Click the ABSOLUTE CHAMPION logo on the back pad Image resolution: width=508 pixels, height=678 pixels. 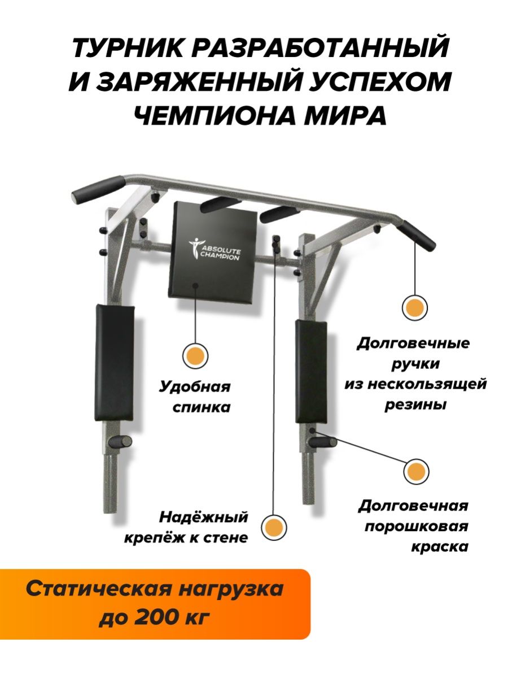click(214, 249)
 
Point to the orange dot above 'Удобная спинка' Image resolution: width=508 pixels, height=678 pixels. click(195, 355)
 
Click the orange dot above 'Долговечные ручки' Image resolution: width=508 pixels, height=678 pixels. click(415, 308)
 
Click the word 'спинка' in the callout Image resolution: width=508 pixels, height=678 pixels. click(202, 408)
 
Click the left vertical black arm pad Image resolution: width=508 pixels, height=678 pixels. click(115, 362)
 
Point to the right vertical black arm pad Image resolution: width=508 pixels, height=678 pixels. click(311, 371)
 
